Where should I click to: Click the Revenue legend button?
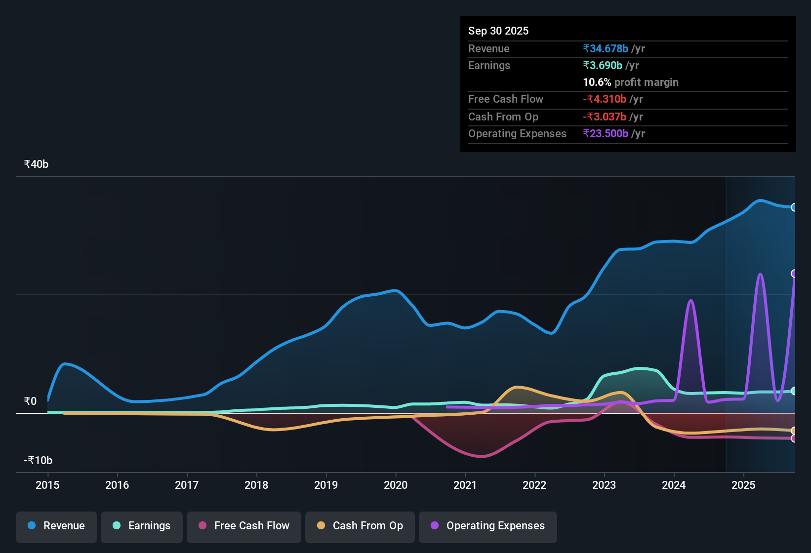click(x=56, y=526)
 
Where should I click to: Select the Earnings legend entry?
click(x=141, y=526)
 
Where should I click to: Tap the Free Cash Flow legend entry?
click(x=244, y=526)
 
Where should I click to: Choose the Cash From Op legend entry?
click(x=360, y=526)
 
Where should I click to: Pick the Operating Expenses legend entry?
click(x=488, y=526)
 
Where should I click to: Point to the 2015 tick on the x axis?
click(x=47, y=485)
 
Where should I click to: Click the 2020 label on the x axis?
click(x=396, y=485)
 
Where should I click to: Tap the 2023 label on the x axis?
click(x=604, y=485)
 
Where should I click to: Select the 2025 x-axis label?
click(x=743, y=485)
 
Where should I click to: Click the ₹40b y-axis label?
click(x=36, y=164)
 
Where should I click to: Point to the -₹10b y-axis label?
click(x=38, y=461)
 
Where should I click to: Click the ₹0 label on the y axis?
click(x=30, y=401)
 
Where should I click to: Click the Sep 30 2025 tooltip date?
click(x=498, y=31)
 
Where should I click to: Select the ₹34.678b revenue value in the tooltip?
click(x=606, y=48)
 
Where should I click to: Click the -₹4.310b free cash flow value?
click(x=605, y=99)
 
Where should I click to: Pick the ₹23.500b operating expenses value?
click(x=606, y=134)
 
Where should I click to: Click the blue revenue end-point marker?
click(x=794, y=207)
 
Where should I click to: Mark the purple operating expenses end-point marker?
click(x=794, y=274)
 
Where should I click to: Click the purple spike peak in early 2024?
click(x=690, y=301)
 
